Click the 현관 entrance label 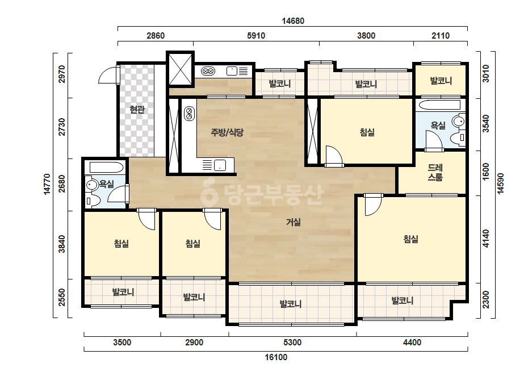pyautogui.click(x=137, y=110)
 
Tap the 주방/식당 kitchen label pyautogui.click(x=227, y=132)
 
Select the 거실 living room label pyautogui.click(x=294, y=222)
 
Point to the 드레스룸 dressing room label pyautogui.click(x=435, y=172)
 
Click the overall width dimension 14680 pyautogui.click(x=293, y=21)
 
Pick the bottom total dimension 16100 pyautogui.click(x=276, y=357)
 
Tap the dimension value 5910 pyautogui.click(x=256, y=35)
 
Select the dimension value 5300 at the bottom pyautogui.click(x=292, y=343)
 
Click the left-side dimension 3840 pyautogui.click(x=62, y=244)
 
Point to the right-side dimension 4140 pyautogui.click(x=486, y=239)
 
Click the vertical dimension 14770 pyautogui.click(x=47, y=183)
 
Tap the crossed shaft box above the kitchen pyautogui.click(x=181, y=69)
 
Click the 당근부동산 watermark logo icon pyautogui.click(x=209, y=192)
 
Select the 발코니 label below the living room pyautogui.click(x=291, y=304)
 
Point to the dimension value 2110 pyautogui.click(x=441, y=35)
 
